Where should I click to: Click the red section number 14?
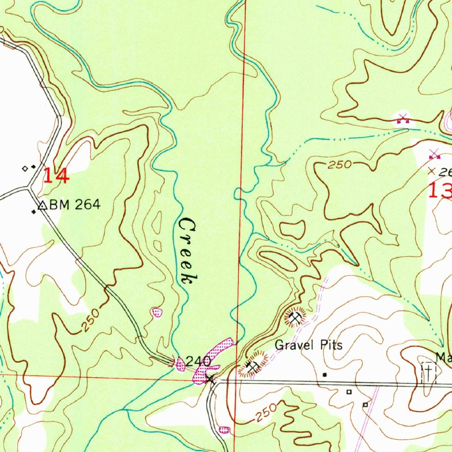56,176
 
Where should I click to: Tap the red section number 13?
441,191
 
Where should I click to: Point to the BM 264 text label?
75,204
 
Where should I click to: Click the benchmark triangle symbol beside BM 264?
42,205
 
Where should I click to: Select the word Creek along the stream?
187,250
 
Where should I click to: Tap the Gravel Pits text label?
309,345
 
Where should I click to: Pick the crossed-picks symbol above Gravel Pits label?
294,317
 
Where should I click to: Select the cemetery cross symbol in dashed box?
428,372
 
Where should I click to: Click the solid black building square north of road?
324,375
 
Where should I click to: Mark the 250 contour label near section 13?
339,165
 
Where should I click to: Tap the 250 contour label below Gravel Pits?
267,412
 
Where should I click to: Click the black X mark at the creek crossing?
211,379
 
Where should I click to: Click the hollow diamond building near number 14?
25,168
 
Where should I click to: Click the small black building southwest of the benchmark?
34,212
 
